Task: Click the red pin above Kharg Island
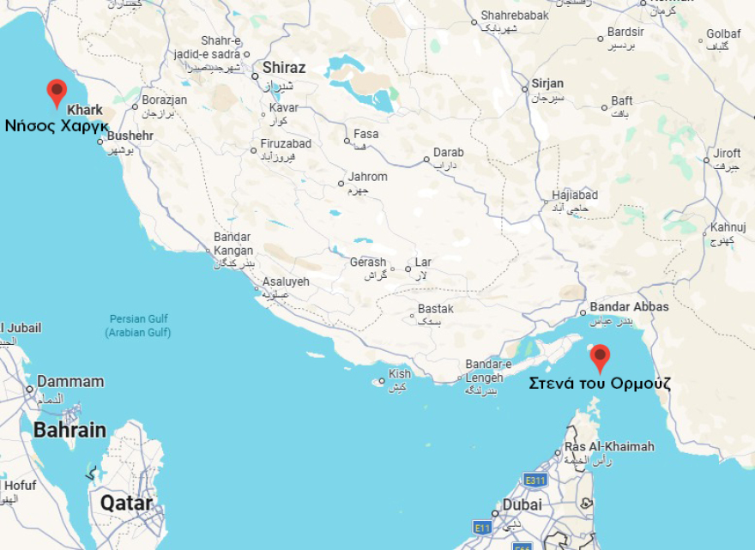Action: pyautogui.click(x=57, y=92)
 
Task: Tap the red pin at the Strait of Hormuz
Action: pyautogui.click(x=601, y=357)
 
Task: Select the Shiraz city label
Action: pyautogui.click(x=283, y=68)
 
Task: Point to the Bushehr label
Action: pyautogui.click(x=131, y=136)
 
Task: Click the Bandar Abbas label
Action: pyautogui.click(x=629, y=307)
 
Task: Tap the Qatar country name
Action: pyautogui.click(x=127, y=503)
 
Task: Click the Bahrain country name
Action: pyautogui.click(x=69, y=431)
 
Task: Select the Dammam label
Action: pyautogui.click(x=69, y=382)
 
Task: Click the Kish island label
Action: pyautogui.click(x=400, y=374)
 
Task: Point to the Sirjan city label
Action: pyautogui.click(x=547, y=83)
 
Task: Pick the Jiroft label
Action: pyautogui.click(x=727, y=154)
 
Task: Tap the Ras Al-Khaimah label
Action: pyautogui.click(x=609, y=447)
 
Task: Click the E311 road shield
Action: pyautogui.click(x=535, y=480)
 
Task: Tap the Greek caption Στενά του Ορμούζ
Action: pyautogui.click(x=600, y=383)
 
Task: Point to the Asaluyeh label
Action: pyautogui.click(x=286, y=281)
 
